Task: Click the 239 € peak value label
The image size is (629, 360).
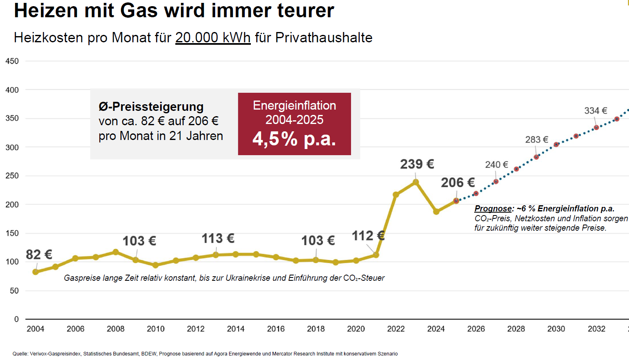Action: [417, 164]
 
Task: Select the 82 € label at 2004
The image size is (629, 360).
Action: [39, 255]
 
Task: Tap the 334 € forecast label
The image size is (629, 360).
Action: [595, 111]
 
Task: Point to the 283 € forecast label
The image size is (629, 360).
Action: [537, 140]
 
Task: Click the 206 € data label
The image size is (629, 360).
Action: [457, 183]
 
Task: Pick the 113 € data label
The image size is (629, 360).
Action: [218, 238]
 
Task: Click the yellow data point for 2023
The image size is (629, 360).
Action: [416, 182]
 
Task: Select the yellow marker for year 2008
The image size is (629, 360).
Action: [116, 252]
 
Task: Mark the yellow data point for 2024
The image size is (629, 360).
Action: [436, 212]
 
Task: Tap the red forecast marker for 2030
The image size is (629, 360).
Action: [556, 144]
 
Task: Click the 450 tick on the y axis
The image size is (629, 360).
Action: [12, 61]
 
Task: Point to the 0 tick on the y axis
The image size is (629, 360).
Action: [16, 319]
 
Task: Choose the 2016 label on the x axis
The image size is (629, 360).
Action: [275, 329]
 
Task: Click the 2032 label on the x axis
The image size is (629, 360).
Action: [596, 329]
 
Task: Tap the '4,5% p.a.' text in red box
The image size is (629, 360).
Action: [294, 139]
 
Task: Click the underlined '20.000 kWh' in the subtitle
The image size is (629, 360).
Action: [213, 38]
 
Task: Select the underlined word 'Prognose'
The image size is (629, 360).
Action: [493, 209]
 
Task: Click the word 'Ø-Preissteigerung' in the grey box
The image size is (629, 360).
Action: [151, 107]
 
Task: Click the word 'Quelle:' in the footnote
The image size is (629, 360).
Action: [21, 354]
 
